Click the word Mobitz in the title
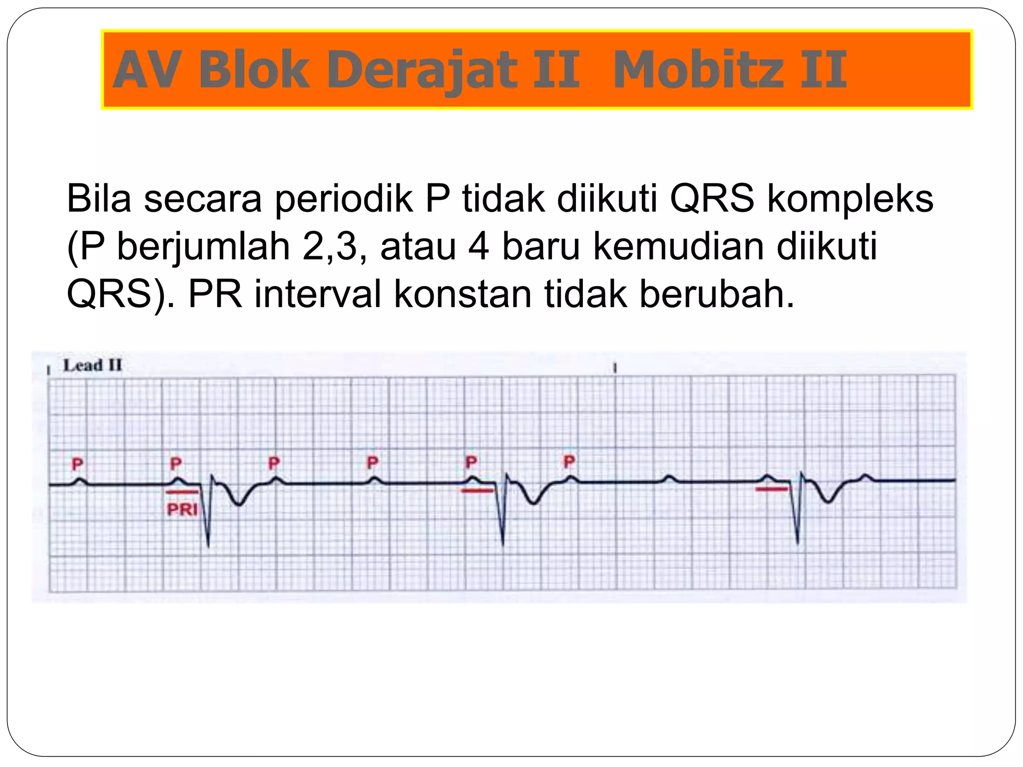[x=699, y=70]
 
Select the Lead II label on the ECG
[x=92, y=366]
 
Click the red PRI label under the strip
[x=182, y=509]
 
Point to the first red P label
[x=77, y=464]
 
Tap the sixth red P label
[x=569, y=461]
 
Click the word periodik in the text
[x=344, y=199]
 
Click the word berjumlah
[x=203, y=247]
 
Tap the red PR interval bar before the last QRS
[x=771, y=489]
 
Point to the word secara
[x=203, y=199]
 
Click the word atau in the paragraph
[x=418, y=247]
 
